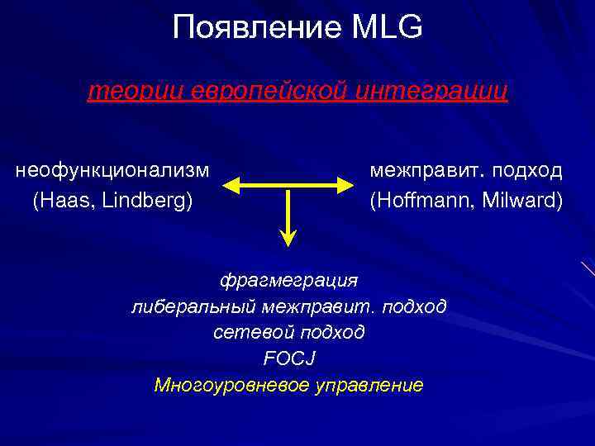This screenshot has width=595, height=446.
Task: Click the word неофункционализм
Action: coord(112,170)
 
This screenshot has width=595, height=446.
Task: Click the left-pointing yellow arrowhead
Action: coord(232,183)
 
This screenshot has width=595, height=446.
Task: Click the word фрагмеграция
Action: coord(288,280)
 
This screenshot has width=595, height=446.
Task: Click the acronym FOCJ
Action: coord(288,358)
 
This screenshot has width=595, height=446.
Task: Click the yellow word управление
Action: coord(370,385)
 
